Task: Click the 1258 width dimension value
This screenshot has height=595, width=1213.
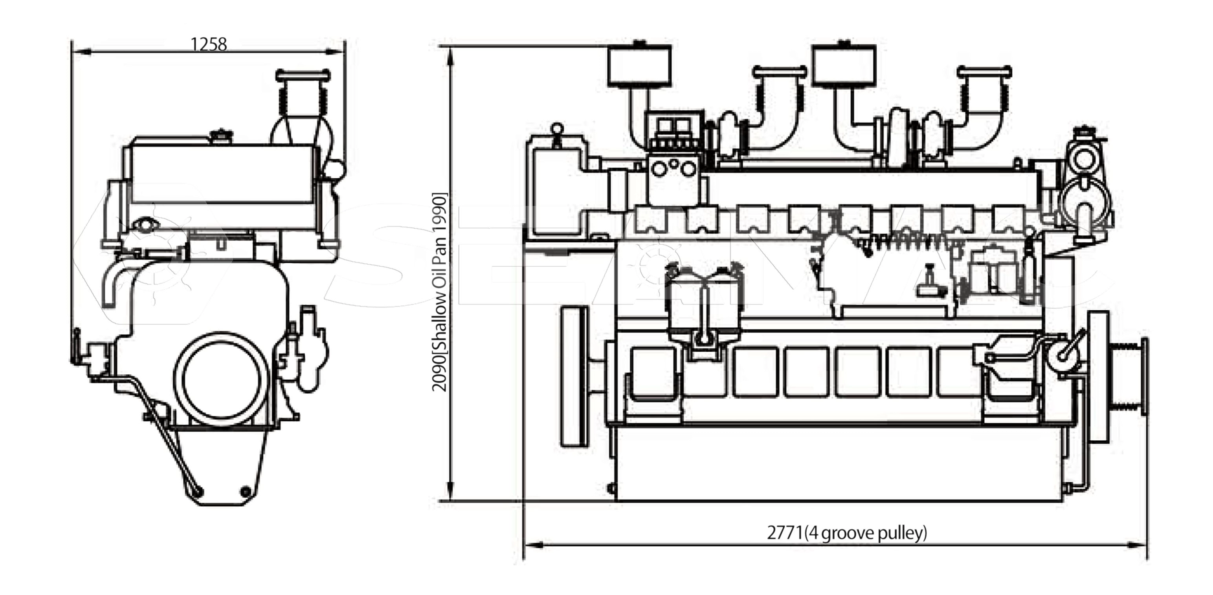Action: click(209, 44)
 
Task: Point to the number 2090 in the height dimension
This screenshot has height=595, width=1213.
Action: click(439, 373)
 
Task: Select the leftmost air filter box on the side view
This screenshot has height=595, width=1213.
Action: click(639, 66)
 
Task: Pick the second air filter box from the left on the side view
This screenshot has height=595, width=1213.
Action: click(845, 66)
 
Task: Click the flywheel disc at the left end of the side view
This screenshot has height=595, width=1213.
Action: click(574, 376)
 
